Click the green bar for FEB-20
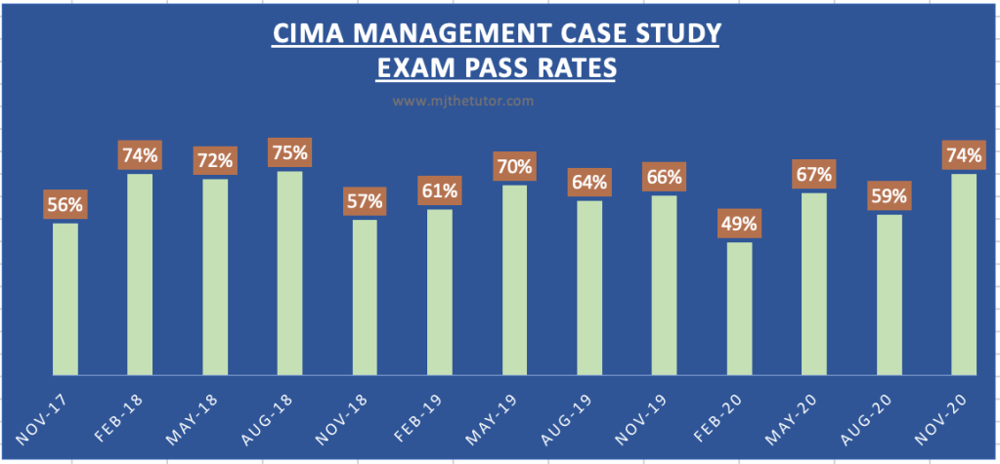(x=739, y=309)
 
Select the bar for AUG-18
(x=290, y=274)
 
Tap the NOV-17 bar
(x=65, y=299)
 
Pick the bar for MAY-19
(x=515, y=280)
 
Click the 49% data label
(x=739, y=224)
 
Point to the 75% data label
(x=290, y=153)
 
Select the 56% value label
(x=65, y=205)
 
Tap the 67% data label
(x=814, y=175)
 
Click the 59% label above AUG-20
(x=890, y=196)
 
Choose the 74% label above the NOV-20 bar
(x=964, y=154)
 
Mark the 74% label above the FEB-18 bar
(x=140, y=155)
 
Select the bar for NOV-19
(x=665, y=285)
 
